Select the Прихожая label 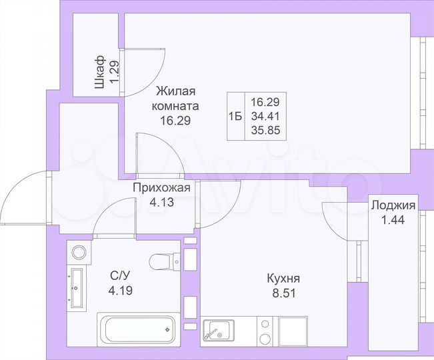pyautogui.click(x=161, y=187)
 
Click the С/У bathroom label pyautogui.click(x=119, y=275)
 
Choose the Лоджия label pyautogui.click(x=393, y=205)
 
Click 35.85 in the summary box pyautogui.click(x=265, y=130)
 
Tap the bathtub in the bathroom pyautogui.click(x=136, y=329)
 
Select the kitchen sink pyautogui.click(x=219, y=331)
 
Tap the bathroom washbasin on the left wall pyautogui.click(x=76, y=286)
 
